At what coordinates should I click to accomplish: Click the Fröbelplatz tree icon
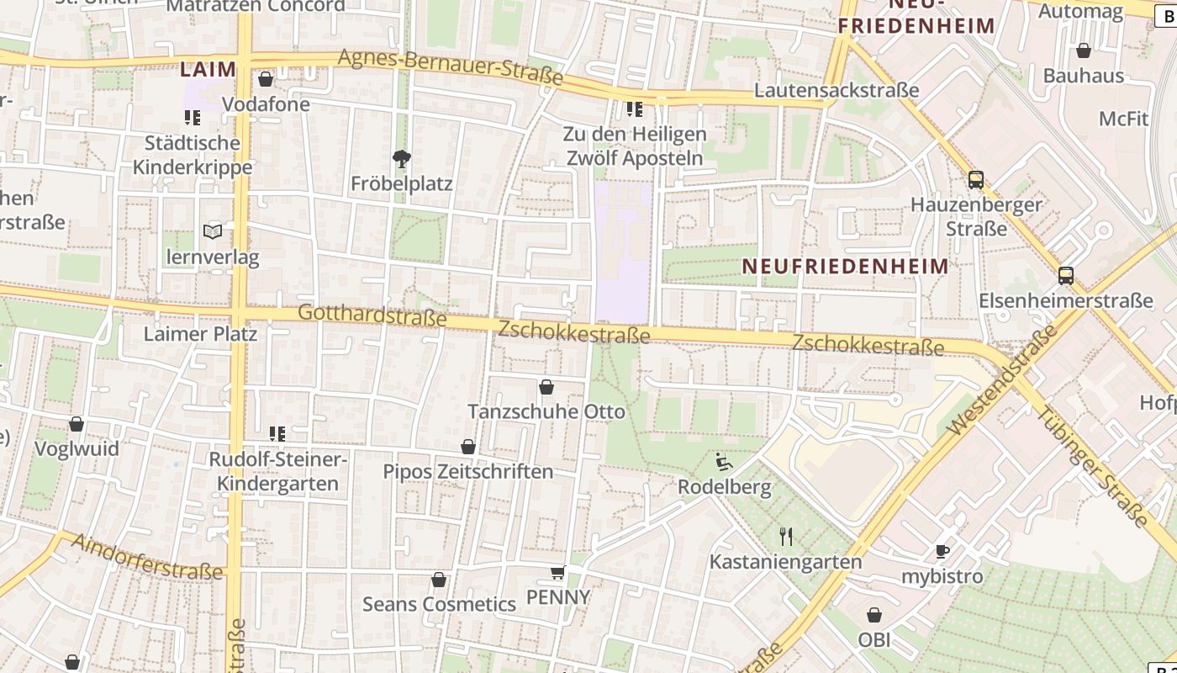(402, 157)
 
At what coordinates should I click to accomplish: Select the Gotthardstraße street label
(372, 315)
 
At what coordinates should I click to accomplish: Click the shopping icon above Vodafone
(266, 79)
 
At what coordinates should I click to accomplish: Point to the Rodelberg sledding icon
(723, 462)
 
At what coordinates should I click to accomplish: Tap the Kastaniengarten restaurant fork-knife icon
(786, 536)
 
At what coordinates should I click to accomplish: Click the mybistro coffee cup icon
(942, 551)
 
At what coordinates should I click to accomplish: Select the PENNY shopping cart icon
(557, 573)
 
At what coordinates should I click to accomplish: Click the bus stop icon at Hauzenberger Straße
(975, 179)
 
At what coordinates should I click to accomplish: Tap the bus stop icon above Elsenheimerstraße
(1065, 275)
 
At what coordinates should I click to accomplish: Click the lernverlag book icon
(213, 231)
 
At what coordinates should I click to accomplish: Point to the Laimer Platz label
(200, 334)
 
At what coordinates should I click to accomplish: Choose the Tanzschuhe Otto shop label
(546, 411)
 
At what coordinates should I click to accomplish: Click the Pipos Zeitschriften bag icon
(468, 447)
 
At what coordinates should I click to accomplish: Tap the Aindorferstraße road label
(147, 556)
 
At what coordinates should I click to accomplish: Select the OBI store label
(874, 639)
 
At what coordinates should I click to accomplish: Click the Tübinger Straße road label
(1092, 468)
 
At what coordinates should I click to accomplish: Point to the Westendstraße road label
(1002, 381)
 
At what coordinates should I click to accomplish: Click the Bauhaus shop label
(1083, 76)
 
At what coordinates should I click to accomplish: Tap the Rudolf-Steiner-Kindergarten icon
(277, 434)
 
